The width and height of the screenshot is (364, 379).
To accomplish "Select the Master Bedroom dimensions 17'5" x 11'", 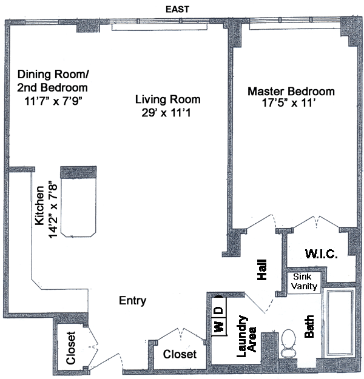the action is tap(290, 104).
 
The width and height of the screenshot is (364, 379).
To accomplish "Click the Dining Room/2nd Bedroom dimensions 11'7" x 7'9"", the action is tap(53, 100).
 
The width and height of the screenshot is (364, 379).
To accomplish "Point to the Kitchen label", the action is tap(40, 206).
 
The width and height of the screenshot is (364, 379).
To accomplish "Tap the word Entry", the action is tap(132, 301).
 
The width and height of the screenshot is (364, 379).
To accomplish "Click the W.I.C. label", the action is tap(321, 252).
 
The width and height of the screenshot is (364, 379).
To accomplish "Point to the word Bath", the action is tap(309, 326).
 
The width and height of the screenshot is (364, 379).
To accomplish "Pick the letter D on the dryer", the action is tap(218, 310).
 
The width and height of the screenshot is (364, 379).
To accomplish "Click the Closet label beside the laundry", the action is tap(180, 354).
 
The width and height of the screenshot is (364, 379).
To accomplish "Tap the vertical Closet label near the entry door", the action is tap(71, 349).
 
